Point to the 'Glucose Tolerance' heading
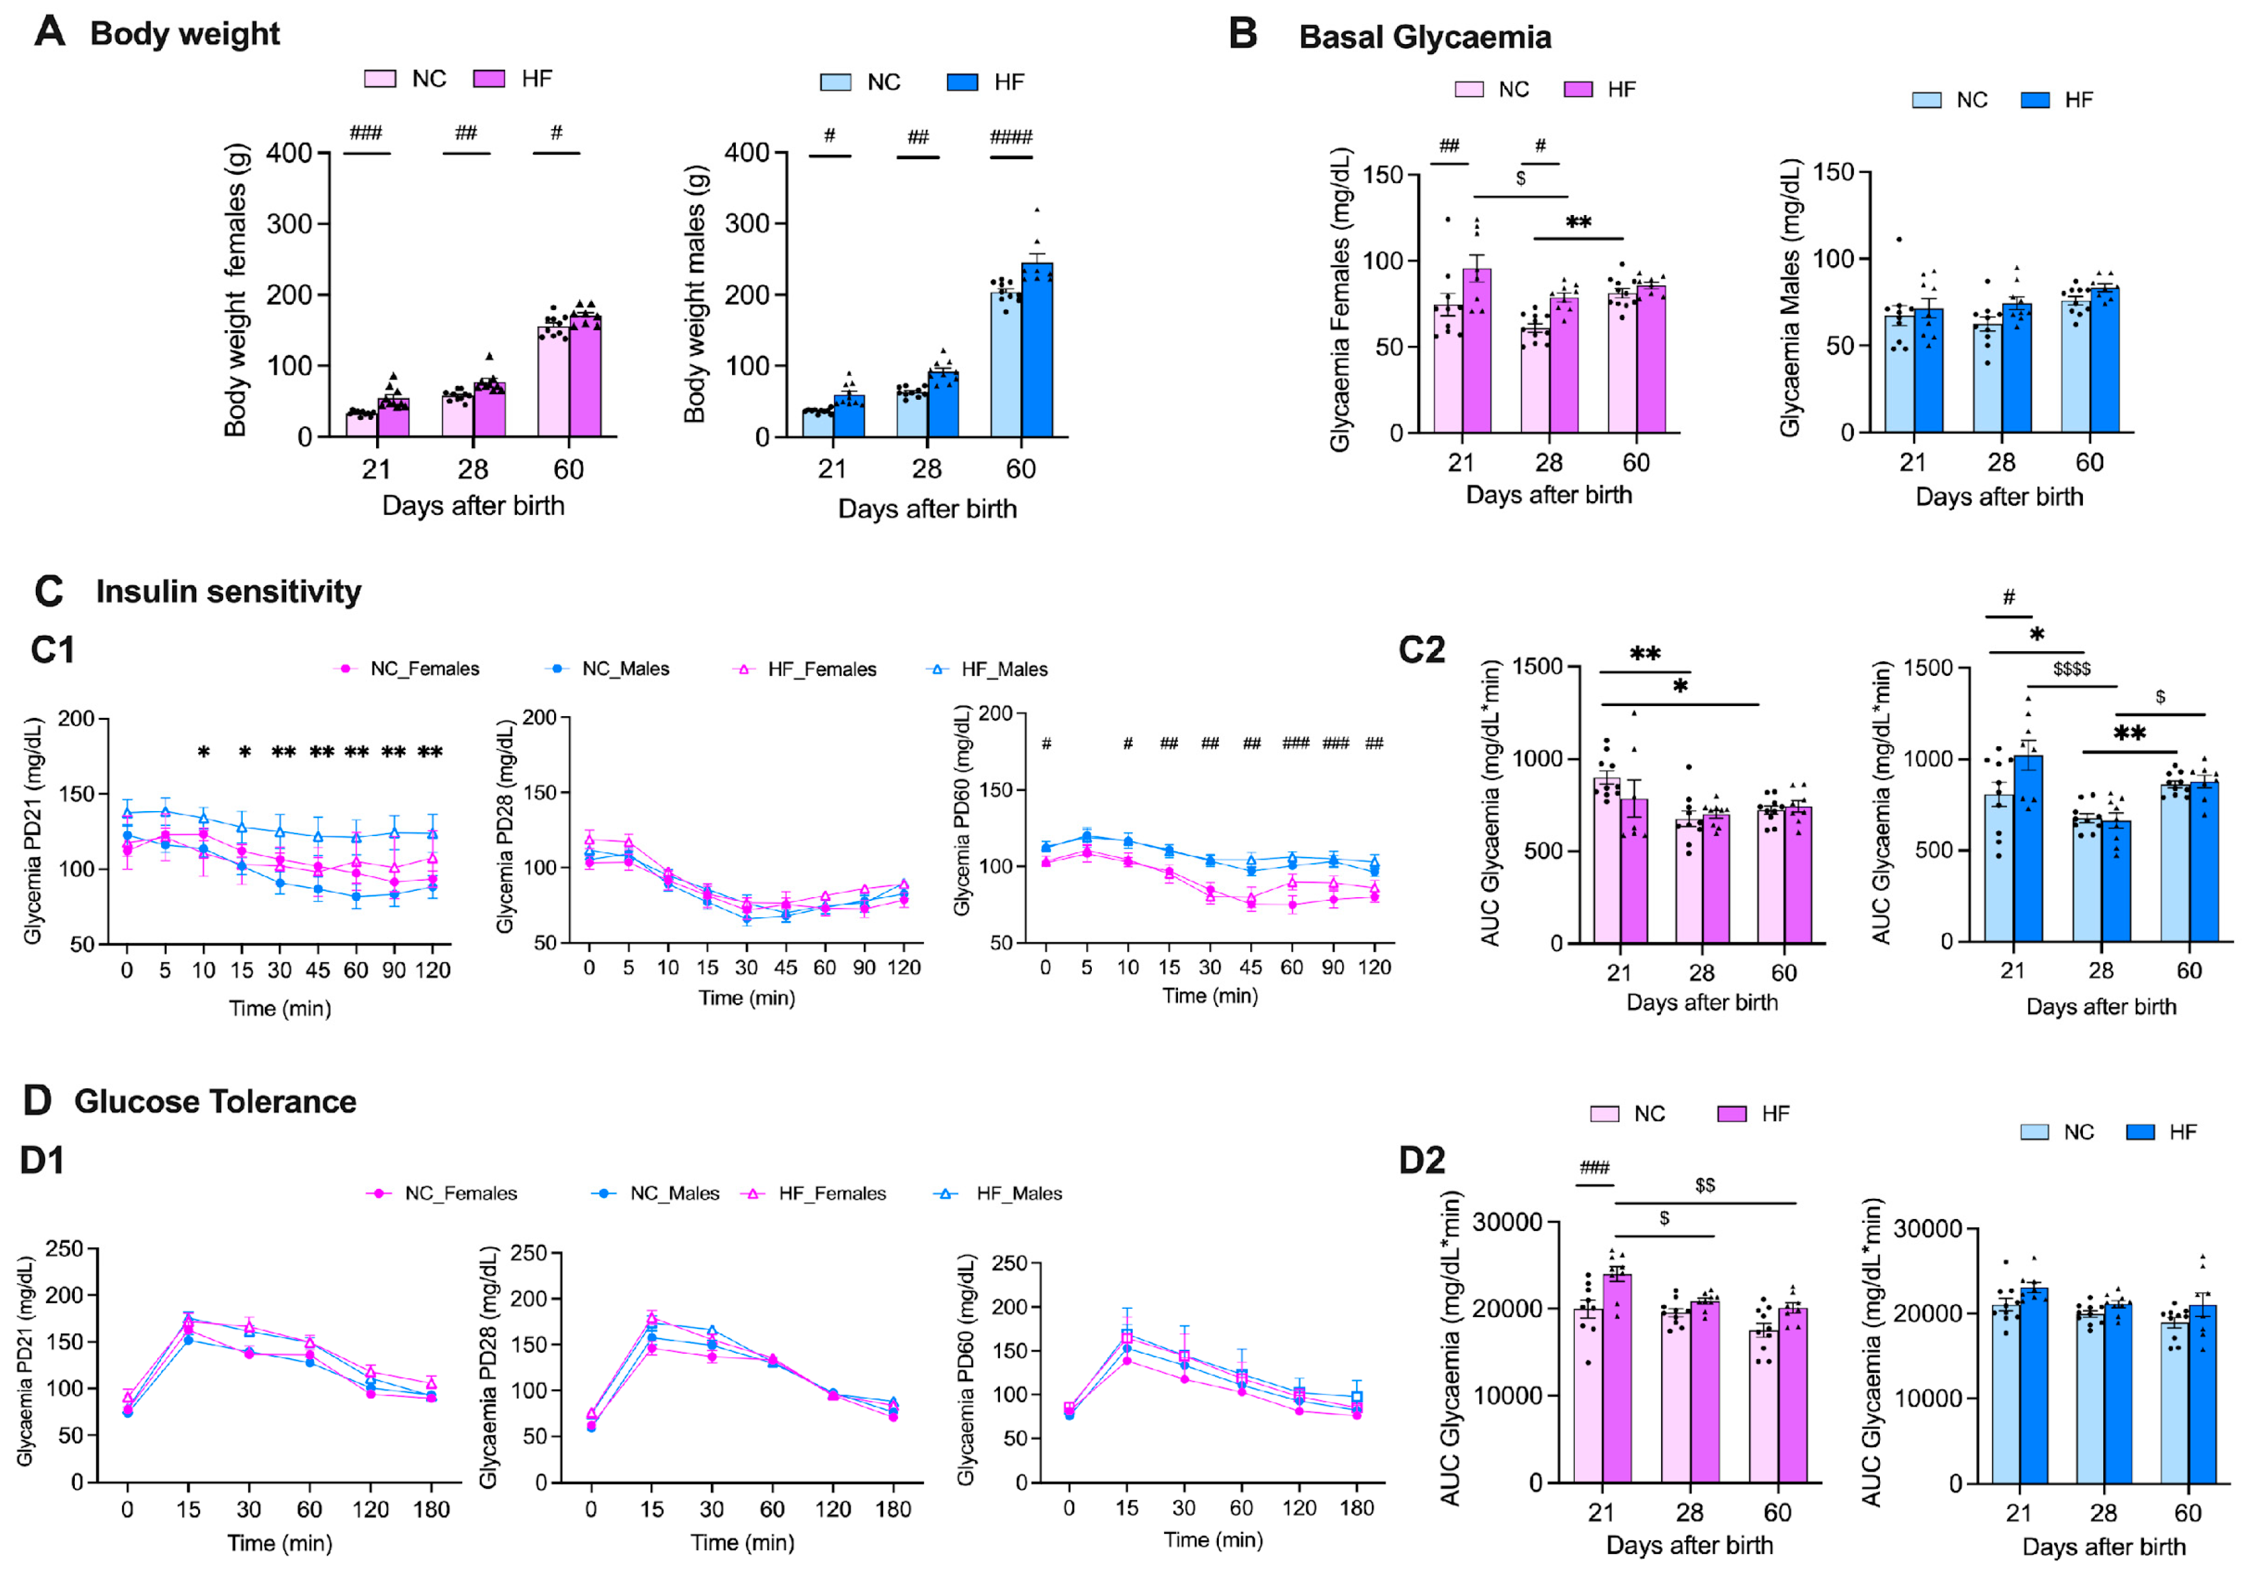pyautogui.click(x=215, y=1102)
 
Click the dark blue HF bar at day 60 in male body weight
pyautogui.click(x=1038, y=352)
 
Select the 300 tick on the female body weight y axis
pyautogui.click(x=289, y=224)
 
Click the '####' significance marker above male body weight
pyautogui.click(x=1011, y=137)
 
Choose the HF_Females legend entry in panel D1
pyautogui.click(x=831, y=1194)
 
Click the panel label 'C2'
pyautogui.click(x=1421, y=651)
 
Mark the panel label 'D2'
pyautogui.click(x=1421, y=1161)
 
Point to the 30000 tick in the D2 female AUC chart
pyautogui.click(x=1507, y=1222)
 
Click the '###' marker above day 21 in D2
pyautogui.click(x=1594, y=1167)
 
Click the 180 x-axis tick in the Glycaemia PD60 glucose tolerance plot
pyautogui.click(x=1357, y=1508)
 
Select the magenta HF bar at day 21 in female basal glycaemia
pyautogui.click(x=1477, y=352)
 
